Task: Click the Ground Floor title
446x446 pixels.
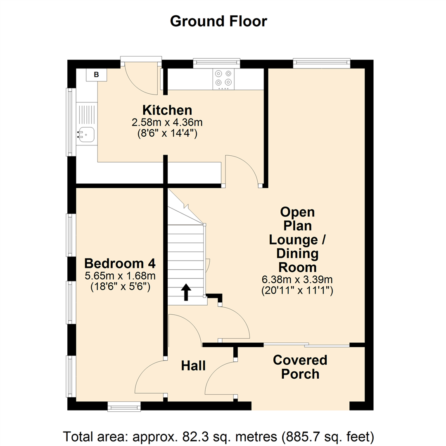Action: tap(218, 21)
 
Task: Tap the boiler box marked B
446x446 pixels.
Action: tap(96, 75)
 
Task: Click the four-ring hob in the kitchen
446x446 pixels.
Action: tap(223, 78)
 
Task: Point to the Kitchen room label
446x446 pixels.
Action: tap(167, 110)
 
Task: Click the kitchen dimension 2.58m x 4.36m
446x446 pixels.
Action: tap(167, 123)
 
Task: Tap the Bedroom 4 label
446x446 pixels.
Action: tap(120, 263)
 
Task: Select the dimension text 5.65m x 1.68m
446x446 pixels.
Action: tap(120, 276)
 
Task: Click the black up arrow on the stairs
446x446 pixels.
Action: tap(186, 292)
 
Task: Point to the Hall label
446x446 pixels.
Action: tap(193, 365)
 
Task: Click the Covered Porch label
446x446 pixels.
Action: tap(300, 367)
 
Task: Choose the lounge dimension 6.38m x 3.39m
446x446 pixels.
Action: tap(297, 280)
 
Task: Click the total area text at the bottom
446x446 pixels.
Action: tap(218, 436)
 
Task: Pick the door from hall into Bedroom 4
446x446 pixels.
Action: tap(151, 378)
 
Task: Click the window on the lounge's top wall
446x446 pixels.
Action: tap(322, 63)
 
